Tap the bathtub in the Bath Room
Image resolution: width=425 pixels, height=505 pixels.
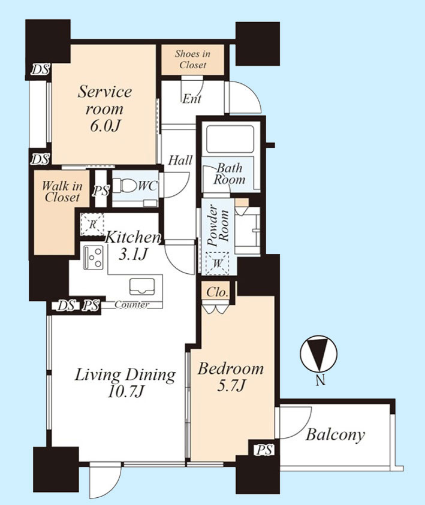(x=230, y=139)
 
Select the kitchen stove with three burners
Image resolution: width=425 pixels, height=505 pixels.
(x=94, y=258)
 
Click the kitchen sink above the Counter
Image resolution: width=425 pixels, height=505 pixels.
(x=142, y=286)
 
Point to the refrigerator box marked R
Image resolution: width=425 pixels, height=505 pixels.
(x=92, y=224)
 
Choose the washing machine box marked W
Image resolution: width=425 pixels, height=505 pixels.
(x=218, y=264)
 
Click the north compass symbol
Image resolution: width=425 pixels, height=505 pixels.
(x=319, y=354)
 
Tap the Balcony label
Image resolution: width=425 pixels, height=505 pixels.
(x=335, y=435)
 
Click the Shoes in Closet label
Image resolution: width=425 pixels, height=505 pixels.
(x=192, y=59)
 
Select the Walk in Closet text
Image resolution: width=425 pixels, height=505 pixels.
(x=62, y=191)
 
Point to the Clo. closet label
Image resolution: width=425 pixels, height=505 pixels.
(x=217, y=292)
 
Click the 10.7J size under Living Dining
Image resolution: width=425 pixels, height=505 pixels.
(x=125, y=392)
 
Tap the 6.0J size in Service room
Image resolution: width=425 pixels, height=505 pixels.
(x=105, y=126)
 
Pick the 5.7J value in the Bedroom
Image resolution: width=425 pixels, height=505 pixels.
(x=231, y=385)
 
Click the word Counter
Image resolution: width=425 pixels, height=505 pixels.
(x=132, y=304)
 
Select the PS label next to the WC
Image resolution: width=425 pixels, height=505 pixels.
(x=101, y=190)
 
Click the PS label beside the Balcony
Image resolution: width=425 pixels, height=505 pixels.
(x=265, y=450)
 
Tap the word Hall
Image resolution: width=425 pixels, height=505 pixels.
(x=180, y=160)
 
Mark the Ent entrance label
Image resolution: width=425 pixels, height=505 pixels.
(x=192, y=99)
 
